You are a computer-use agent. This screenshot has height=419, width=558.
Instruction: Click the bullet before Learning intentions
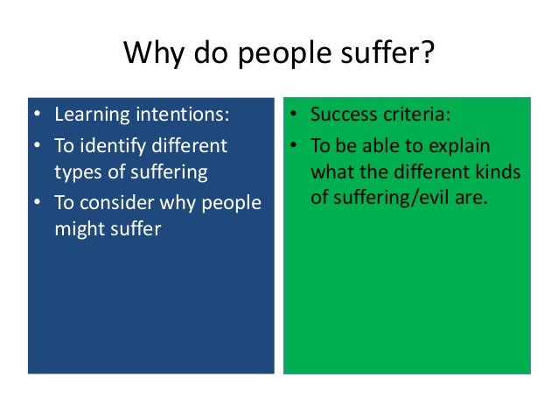coord(37,115)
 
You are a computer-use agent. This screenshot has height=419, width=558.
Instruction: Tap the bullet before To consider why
coord(37,202)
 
